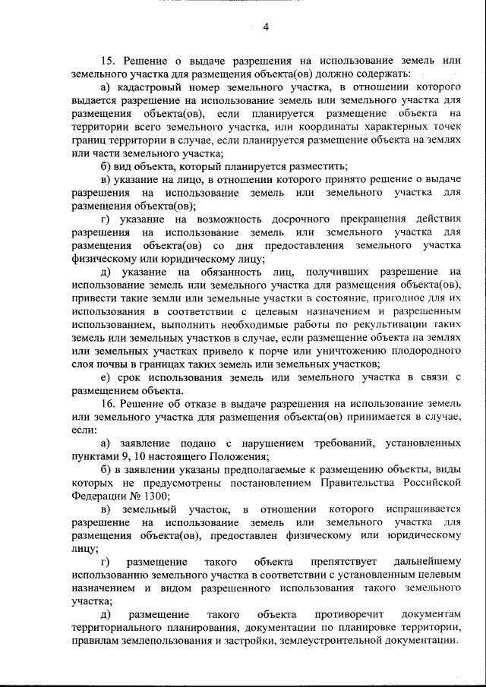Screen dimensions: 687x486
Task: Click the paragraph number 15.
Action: pyautogui.click(x=107, y=61)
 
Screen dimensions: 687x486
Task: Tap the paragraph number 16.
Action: pyautogui.click(x=107, y=404)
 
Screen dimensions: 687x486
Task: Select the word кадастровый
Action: pyautogui.click(x=149, y=89)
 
